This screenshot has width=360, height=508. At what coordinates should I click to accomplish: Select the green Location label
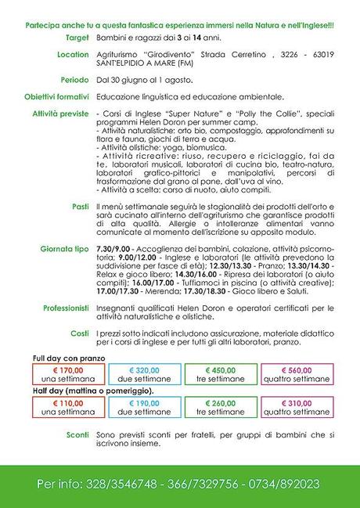coord(73,55)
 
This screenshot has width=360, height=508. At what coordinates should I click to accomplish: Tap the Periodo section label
coord(74,80)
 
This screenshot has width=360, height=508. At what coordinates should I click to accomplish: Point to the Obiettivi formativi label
coord(56,96)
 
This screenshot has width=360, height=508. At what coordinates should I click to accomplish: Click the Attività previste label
coord(60,113)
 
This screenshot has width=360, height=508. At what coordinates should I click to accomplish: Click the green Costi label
coord(79,333)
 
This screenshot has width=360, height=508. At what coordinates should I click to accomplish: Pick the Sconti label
coord(77,434)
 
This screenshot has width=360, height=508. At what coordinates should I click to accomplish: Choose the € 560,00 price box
coord(295,374)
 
